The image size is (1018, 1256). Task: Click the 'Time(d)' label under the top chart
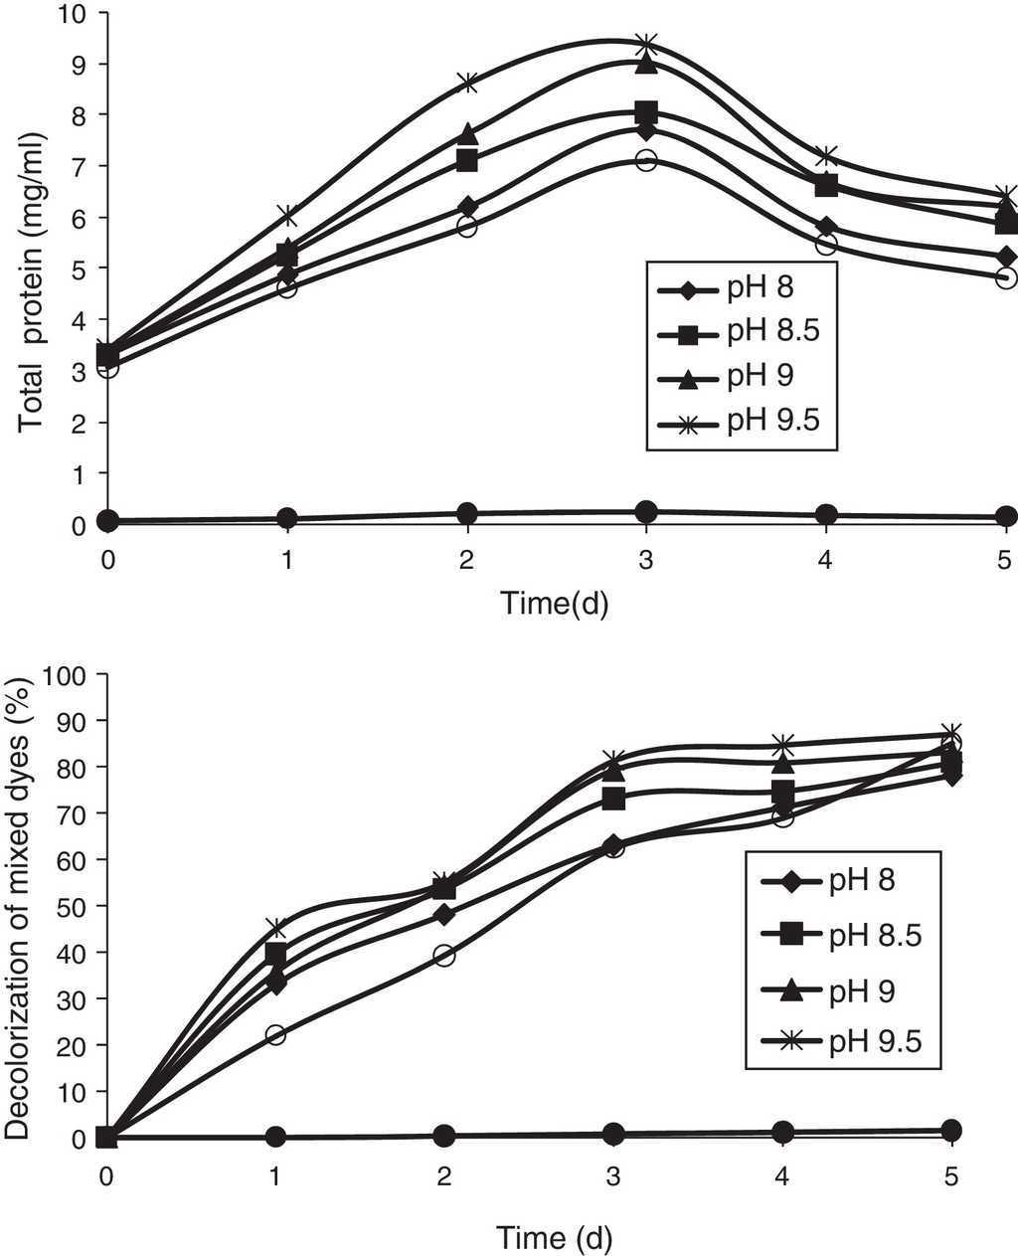click(x=554, y=603)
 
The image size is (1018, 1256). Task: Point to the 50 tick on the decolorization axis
click(x=78, y=906)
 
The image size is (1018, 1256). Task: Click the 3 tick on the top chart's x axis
click(x=645, y=560)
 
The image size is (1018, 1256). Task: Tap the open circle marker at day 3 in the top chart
click(x=645, y=161)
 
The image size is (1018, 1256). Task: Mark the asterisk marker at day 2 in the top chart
click(x=468, y=83)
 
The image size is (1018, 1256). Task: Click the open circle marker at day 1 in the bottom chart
click(x=275, y=1034)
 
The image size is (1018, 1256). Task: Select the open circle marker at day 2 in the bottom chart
click(x=444, y=956)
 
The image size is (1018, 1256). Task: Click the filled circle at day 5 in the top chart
click(x=1005, y=516)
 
